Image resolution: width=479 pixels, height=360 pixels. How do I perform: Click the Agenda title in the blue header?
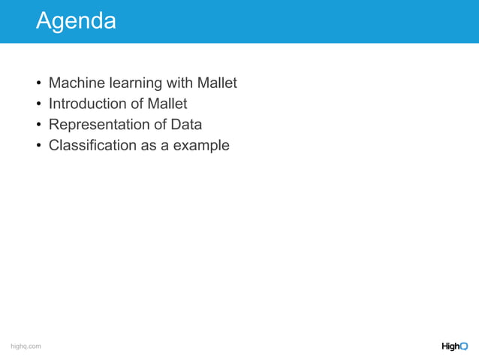[76, 21]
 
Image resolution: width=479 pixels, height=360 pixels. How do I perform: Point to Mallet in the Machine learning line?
[217, 83]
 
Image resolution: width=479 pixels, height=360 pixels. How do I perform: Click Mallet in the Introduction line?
[167, 104]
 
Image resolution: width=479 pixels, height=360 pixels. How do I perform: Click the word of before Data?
[159, 125]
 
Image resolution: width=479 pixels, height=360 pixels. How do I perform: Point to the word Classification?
[92, 146]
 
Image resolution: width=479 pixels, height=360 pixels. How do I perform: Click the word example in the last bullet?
[201, 146]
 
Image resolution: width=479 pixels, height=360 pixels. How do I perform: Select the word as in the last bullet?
[149, 146]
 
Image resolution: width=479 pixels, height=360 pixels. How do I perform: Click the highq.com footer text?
[26, 346]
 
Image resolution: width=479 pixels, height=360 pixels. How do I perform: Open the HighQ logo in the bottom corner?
[454, 346]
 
